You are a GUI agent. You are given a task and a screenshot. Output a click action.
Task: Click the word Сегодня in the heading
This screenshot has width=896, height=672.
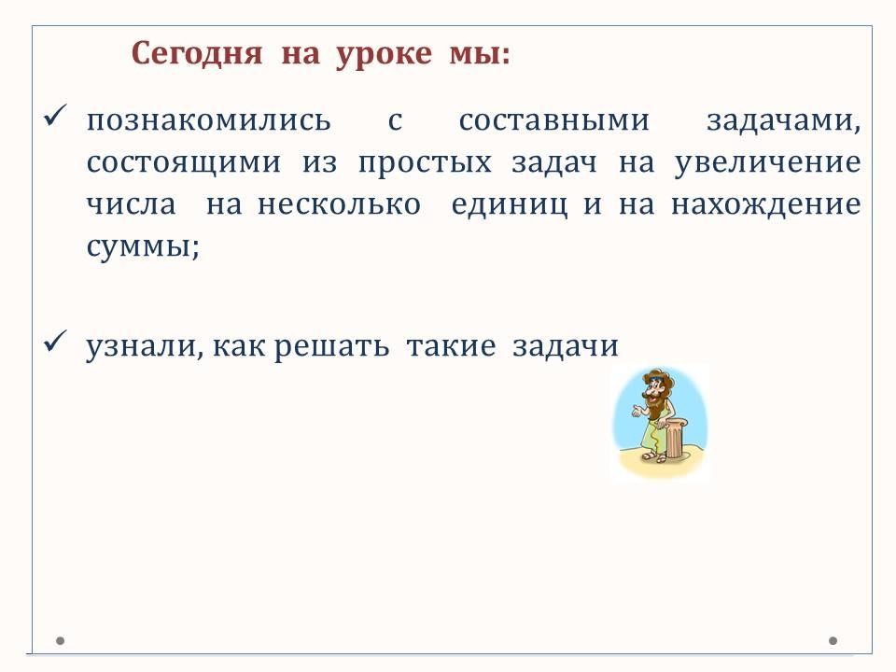(197, 55)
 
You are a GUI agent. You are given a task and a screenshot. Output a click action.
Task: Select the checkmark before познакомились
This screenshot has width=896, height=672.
(55, 116)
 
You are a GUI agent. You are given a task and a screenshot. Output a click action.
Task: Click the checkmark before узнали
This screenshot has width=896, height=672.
(55, 342)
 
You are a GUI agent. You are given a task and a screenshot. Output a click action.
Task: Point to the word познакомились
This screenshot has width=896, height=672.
(208, 121)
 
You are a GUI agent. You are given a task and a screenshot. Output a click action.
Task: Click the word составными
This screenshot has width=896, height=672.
(553, 121)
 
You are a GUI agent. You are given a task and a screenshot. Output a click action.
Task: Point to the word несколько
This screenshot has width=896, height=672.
(339, 205)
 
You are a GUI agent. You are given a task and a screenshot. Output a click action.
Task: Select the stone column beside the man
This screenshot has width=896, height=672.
(676, 438)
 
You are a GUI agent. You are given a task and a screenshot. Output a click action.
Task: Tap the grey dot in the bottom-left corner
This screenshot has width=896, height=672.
(60, 640)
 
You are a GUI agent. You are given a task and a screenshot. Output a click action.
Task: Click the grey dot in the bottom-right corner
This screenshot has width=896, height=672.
(833, 640)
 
